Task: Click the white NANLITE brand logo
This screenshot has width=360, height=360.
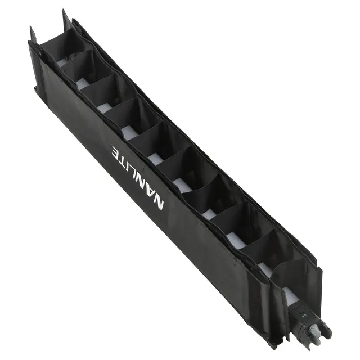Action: (x=138, y=177)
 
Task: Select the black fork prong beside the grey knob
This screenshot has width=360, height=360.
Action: (x=326, y=330)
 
